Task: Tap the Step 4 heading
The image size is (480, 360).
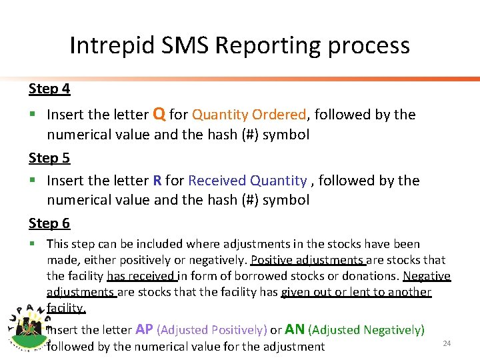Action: (49, 89)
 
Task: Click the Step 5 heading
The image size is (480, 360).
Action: (49, 158)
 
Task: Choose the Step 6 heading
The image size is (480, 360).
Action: (49, 223)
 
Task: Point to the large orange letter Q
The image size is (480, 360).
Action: (159, 113)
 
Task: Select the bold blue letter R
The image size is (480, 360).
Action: (157, 181)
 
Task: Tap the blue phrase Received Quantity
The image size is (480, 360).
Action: (247, 181)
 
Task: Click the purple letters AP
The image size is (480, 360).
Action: (144, 329)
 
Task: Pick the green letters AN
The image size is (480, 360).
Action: (295, 329)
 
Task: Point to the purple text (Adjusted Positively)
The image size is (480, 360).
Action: (211, 330)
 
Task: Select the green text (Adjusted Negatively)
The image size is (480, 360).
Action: (366, 330)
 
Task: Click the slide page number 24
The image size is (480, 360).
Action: (447, 343)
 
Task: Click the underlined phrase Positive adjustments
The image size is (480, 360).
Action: (307, 260)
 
